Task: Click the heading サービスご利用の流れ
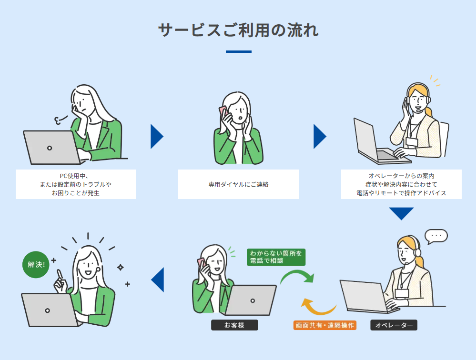coord(238,30)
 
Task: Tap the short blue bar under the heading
coord(238,51)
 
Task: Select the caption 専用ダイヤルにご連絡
coord(238,184)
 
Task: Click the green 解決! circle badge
coord(36,264)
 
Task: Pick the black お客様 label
coord(234,325)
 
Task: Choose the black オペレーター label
coord(394,325)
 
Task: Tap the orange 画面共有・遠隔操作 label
coord(325,325)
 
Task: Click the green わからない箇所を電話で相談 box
coord(276,257)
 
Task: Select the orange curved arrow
coord(318,307)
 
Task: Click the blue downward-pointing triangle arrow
coord(401,213)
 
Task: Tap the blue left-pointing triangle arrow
coord(158,280)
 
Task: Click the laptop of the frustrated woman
coord(50,148)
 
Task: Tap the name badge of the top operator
coord(411,142)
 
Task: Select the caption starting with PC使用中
coord(76,184)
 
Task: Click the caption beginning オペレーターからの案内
coord(401,184)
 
